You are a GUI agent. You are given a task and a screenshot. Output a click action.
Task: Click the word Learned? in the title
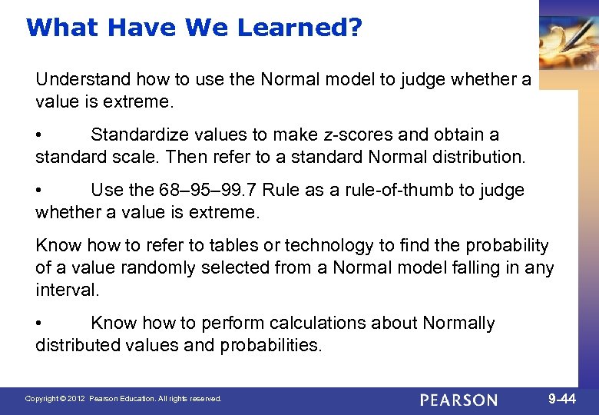[x=299, y=28]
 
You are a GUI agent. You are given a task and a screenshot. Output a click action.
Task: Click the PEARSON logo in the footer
[x=460, y=400]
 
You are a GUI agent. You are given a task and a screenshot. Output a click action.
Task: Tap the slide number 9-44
[x=564, y=399]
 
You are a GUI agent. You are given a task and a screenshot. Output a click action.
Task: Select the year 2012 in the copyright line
[x=75, y=400]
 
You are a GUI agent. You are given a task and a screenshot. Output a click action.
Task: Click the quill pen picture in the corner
[x=568, y=42]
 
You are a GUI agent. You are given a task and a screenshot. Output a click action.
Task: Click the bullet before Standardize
[x=40, y=136]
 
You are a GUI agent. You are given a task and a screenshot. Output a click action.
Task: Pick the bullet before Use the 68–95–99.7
[x=40, y=191]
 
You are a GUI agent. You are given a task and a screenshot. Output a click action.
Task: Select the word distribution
[x=477, y=158]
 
